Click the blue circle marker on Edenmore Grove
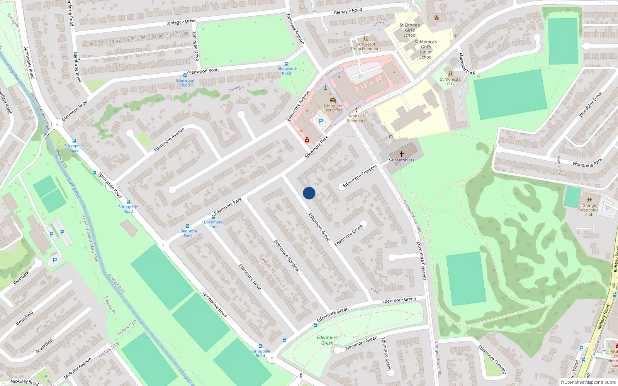tap(309, 193)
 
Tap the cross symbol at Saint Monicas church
tap(402, 154)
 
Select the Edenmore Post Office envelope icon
tap(333, 100)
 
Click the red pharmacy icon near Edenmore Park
tap(307, 140)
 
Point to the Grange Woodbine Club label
tap(589, 210)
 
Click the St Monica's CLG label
tap(450, 81)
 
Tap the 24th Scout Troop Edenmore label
tap(365, 46)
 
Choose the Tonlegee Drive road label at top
tap(180, 22)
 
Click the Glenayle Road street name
tap(348, 11)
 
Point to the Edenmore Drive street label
tap(250, 277)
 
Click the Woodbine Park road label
tap(587, 163)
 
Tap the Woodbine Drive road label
tap(590, 104)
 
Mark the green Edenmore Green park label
tap(327, 340)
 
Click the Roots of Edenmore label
tap(356, 118)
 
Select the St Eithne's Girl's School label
tap(410, 30)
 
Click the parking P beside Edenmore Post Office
tap(321, 121)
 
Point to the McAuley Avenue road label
tap(78, 368)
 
